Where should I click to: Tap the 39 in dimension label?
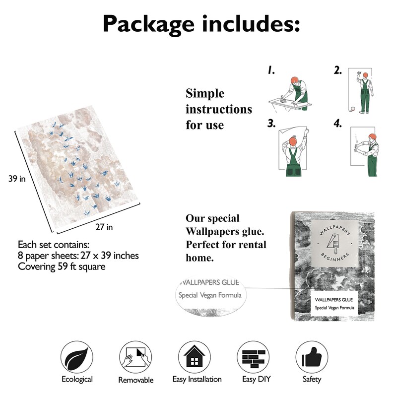17,179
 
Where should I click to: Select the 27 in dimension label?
104,227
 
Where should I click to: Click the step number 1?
271,70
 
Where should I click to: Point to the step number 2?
338,70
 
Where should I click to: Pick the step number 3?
271,124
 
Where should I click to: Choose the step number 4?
338,124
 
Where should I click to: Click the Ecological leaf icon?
76,357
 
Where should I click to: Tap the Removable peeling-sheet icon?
135,357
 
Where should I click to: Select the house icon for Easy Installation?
195,357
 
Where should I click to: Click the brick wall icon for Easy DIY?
253,357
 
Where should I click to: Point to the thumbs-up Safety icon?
312,357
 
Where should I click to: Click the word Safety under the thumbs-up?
312,379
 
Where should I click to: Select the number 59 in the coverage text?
63,266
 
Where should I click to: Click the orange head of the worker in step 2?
365,75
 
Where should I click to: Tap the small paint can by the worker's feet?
353,109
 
